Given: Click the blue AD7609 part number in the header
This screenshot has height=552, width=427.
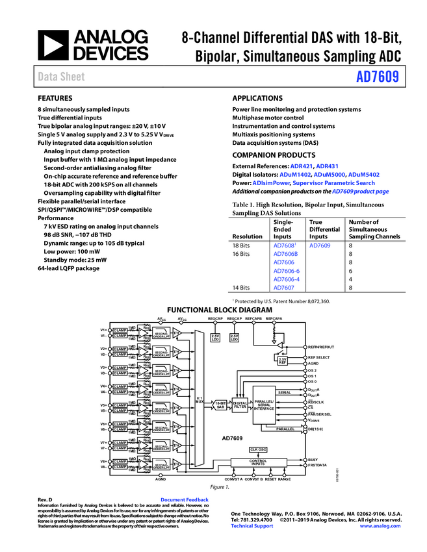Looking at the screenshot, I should click(x=377, y=77).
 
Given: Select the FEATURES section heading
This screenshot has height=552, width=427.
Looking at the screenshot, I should click(x=55, y=97).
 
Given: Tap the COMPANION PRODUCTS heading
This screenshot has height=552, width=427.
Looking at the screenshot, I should click(x=274, y=155).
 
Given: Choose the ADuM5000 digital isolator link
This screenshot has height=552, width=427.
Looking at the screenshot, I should click(x=329, y=175).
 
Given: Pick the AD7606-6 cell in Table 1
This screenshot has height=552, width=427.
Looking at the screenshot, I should click(x=286, y=270).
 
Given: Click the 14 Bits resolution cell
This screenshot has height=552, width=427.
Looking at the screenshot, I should click(x=241, y=287).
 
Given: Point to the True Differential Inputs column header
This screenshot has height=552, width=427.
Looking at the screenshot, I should click(x=324, y=229).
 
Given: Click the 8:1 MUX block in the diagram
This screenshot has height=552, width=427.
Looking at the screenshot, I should click(x=200, y=399).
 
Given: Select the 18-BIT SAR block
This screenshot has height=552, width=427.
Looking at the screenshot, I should click(x=221, y=405).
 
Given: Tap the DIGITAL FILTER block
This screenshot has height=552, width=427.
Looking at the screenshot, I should click(x=240, y=405).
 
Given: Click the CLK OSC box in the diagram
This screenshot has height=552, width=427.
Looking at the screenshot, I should click(x=258, y=449).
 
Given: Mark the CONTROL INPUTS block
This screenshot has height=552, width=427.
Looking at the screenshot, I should click(x=258, y=462).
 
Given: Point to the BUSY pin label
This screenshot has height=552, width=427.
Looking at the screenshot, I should click(x=313, y=459).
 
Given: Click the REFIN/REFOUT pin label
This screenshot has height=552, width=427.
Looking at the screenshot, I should click(x=321, y=347).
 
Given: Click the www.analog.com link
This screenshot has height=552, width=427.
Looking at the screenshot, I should click(x=380, y=525).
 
